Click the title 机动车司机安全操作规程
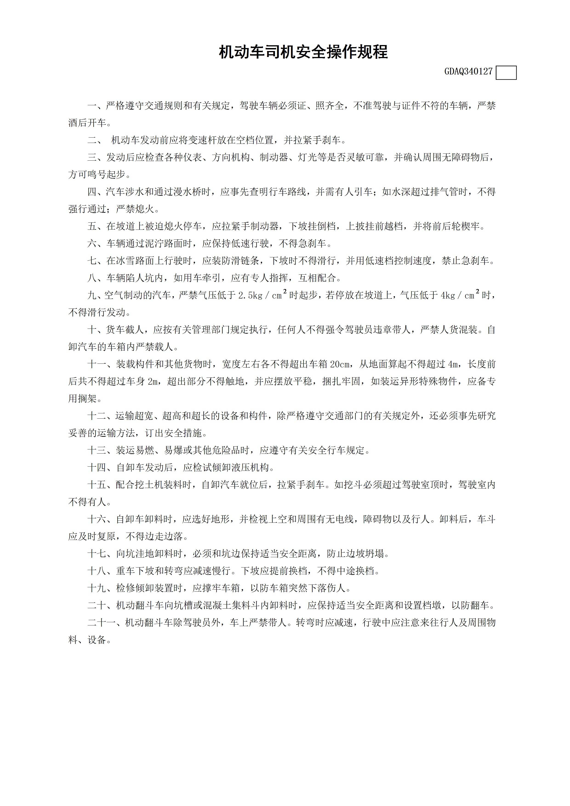(303, 52)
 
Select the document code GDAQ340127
(468, 72)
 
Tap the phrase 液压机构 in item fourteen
(250, 468)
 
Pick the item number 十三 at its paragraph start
(97, 450)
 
